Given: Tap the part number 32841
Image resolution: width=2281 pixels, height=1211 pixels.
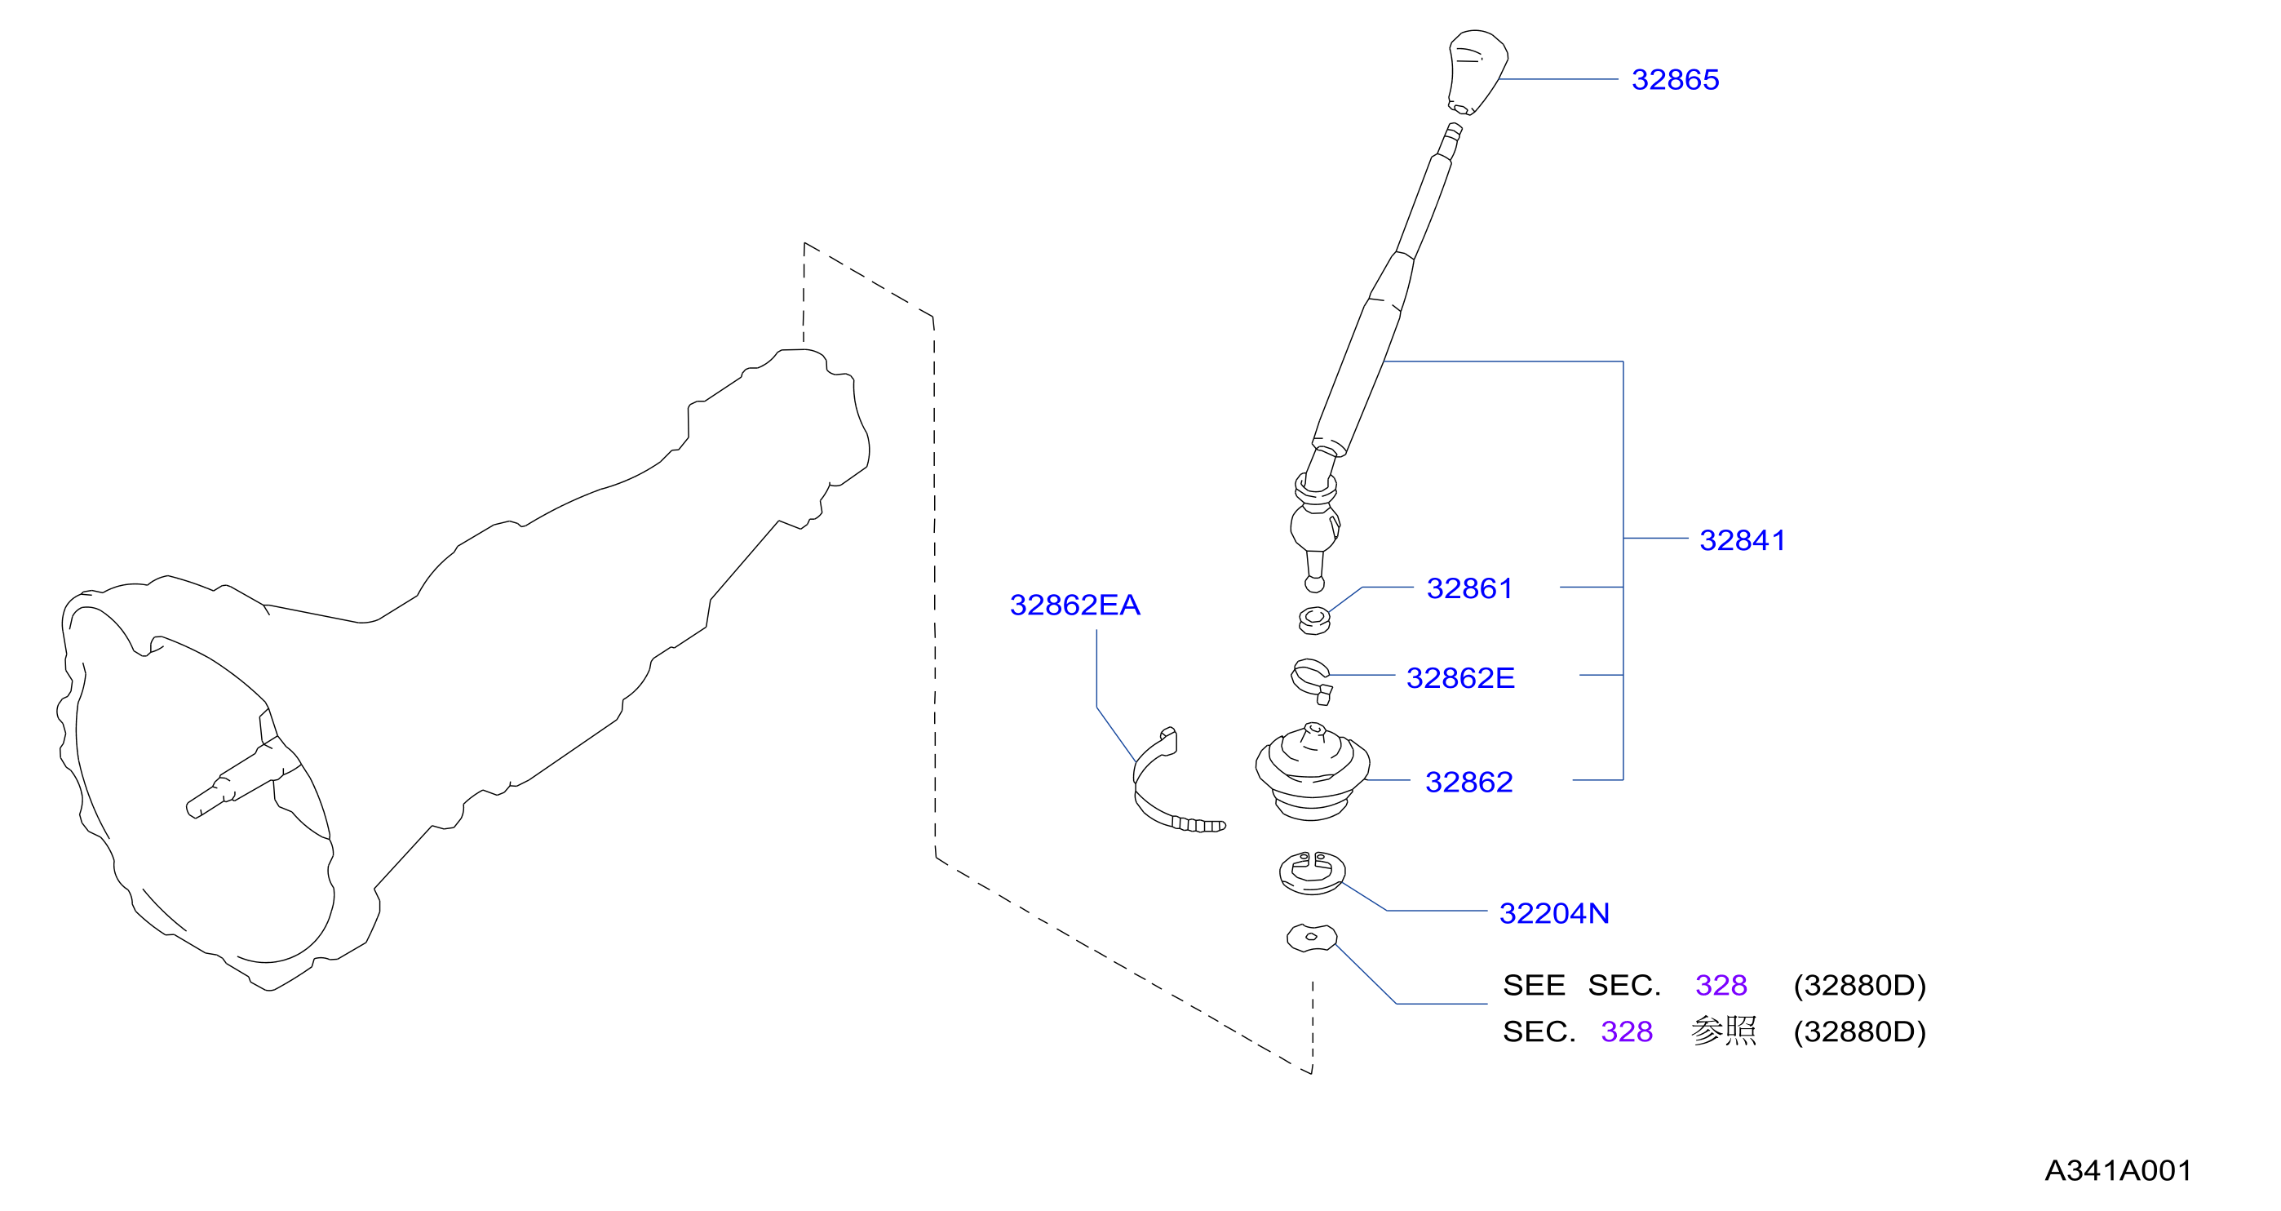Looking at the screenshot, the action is point(1742,540).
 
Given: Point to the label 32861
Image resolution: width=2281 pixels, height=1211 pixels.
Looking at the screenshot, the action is point(1469,588).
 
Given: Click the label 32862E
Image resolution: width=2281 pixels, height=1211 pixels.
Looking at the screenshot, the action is point(1460,677).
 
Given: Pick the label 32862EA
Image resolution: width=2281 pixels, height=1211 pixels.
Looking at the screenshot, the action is point(1074,605).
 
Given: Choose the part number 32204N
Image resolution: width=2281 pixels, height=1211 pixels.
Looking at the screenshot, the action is point(1554,913).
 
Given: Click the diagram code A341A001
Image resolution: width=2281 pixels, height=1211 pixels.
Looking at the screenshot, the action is point(2117,1171).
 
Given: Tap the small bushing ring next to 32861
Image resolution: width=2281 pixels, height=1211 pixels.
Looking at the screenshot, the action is point(1314,620).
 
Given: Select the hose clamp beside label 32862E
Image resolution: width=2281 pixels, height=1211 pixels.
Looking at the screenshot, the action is point(1310,681).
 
